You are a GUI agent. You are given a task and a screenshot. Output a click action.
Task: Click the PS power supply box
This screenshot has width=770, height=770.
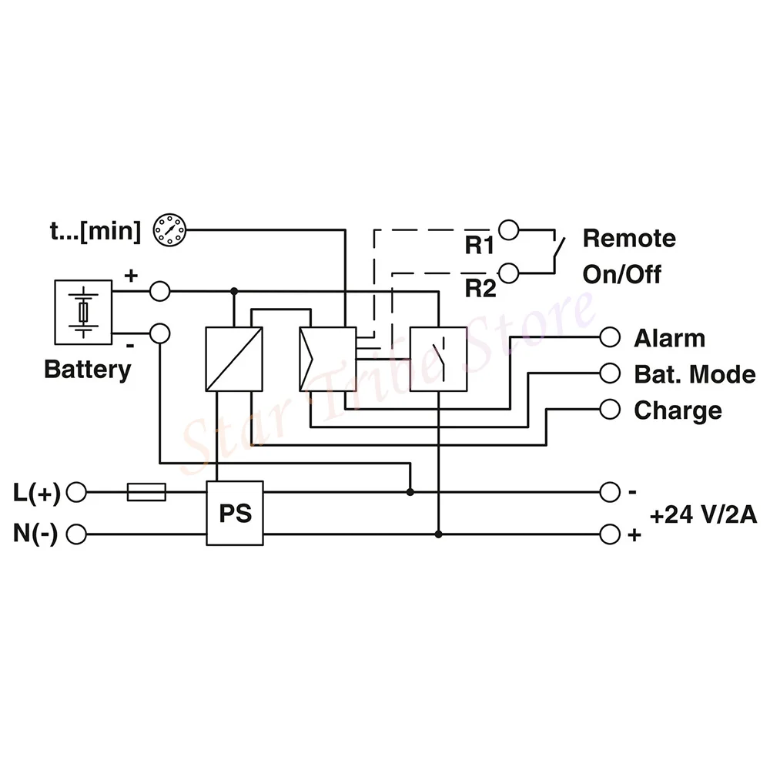235,513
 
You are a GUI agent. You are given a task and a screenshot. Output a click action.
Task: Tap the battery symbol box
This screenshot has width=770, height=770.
83,312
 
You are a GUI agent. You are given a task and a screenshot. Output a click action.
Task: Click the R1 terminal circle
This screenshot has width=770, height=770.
508,229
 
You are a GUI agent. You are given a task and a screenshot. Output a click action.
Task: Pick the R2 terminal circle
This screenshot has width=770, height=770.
508,272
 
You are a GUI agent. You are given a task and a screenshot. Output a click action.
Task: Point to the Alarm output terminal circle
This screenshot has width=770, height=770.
610,337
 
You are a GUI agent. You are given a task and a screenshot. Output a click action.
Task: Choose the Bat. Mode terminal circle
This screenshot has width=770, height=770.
610,373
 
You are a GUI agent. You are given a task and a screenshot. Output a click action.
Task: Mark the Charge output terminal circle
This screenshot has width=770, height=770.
610,410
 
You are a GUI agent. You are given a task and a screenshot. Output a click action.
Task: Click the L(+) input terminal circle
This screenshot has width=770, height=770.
77,491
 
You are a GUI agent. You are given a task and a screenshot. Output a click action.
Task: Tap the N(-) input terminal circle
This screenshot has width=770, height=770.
77,534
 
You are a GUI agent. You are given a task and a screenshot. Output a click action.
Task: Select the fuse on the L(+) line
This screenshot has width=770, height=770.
146,491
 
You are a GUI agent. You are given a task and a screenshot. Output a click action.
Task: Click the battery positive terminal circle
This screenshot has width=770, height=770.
159,292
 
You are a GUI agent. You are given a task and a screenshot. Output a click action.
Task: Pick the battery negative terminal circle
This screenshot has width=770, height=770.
159,333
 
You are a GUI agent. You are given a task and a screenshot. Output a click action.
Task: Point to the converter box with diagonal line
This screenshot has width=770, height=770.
234,359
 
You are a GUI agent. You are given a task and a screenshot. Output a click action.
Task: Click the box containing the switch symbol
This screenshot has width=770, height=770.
437,359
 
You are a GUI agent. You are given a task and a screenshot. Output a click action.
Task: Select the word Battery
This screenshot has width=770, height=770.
87,369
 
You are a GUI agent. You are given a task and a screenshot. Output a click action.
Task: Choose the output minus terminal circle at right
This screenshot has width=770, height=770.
610,491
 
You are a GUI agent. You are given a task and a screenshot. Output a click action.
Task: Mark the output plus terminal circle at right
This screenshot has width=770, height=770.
610,534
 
